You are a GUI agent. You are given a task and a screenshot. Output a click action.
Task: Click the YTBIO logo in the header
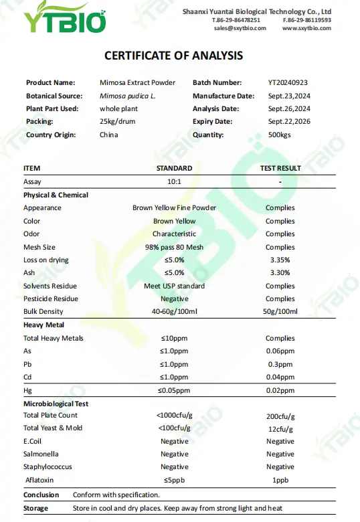click(65, 19)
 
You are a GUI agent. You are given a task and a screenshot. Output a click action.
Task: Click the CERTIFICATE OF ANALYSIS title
click(174, 56)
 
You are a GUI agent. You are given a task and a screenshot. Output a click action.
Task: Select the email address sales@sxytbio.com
click(240, 28)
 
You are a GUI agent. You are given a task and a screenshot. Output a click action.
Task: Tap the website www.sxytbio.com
click(306, 28)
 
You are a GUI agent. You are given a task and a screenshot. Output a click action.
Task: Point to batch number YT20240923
click(288, 83)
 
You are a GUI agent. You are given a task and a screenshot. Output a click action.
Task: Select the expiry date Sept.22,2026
click(289, 122)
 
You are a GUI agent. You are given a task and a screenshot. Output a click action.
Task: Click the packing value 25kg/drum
click(118, 122)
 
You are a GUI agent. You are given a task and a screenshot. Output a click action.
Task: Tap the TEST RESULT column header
click(280, 169)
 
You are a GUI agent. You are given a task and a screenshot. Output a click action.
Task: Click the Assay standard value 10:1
click(174, 182)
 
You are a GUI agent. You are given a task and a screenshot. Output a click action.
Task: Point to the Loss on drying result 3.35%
click(280, 260)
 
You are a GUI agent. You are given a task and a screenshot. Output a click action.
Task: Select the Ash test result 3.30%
click(280, 273)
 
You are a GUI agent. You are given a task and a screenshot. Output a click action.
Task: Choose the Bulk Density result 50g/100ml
click(280, 312)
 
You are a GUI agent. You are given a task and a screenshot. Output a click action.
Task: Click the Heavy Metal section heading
click(44, 325)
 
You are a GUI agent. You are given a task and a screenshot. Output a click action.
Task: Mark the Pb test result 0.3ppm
click(280, 365)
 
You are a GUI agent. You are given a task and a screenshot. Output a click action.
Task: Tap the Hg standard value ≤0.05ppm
click(174, 390)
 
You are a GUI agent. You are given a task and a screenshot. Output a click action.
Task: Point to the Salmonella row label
click(41, 454)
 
